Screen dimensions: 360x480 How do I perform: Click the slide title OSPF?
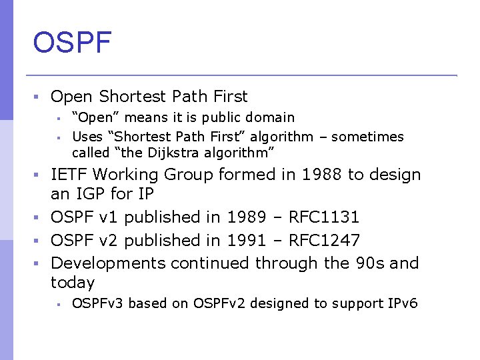coord(72,43)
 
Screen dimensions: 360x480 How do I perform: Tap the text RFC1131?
coord(324,217)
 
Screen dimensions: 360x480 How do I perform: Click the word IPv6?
coord(403,304)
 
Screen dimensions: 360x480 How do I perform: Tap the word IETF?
coord(70,175)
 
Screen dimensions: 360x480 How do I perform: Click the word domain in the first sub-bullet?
coord(271,118)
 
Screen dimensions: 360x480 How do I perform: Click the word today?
coord(73,283)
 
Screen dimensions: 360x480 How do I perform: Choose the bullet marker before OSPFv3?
coord(59,305)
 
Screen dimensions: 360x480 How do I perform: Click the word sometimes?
coord(367,137)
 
